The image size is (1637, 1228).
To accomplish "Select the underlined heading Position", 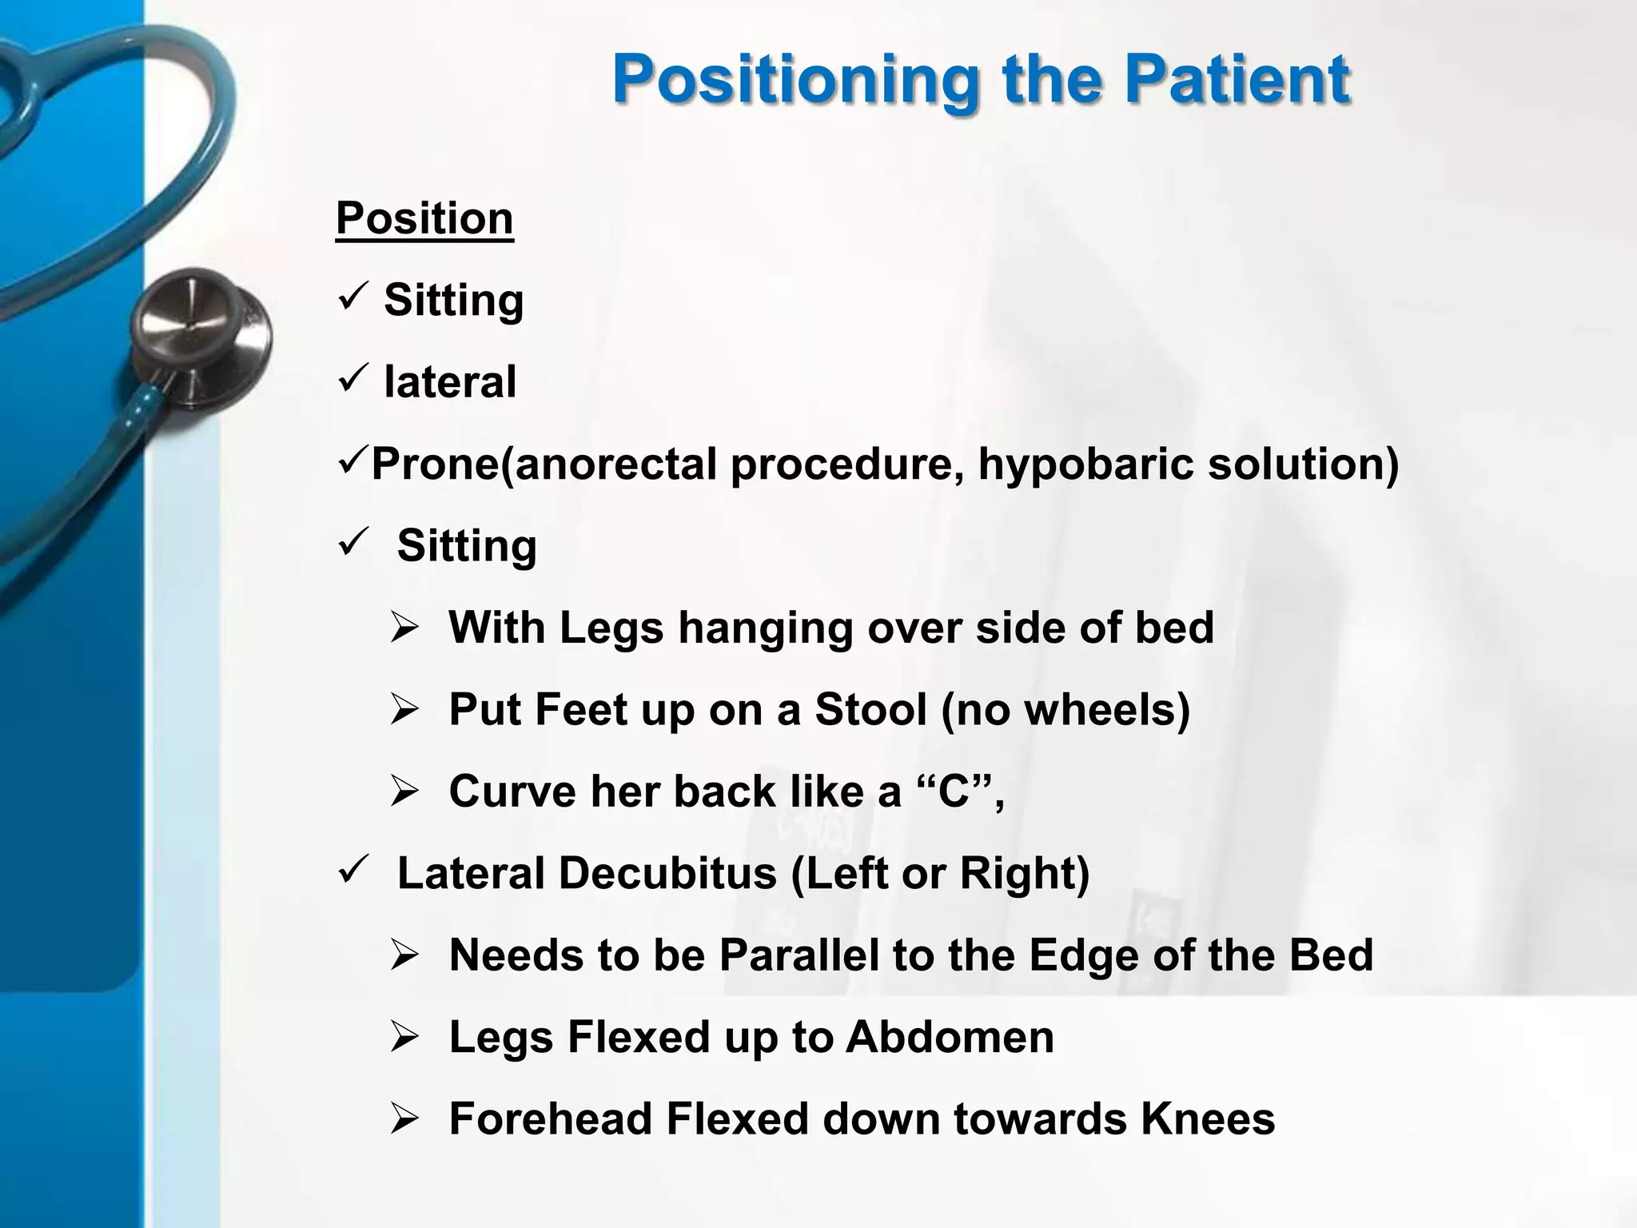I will coord(424,218).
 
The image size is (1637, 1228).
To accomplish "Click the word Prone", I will coord(436,464).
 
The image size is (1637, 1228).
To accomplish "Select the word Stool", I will coord(870,709).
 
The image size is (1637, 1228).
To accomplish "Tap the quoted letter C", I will coord(953,791).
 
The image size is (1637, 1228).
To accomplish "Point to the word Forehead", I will coord(550,1118).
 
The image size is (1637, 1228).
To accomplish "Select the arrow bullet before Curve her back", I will coord(404,792).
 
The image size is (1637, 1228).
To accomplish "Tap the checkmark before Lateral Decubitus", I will coord(352,869).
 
